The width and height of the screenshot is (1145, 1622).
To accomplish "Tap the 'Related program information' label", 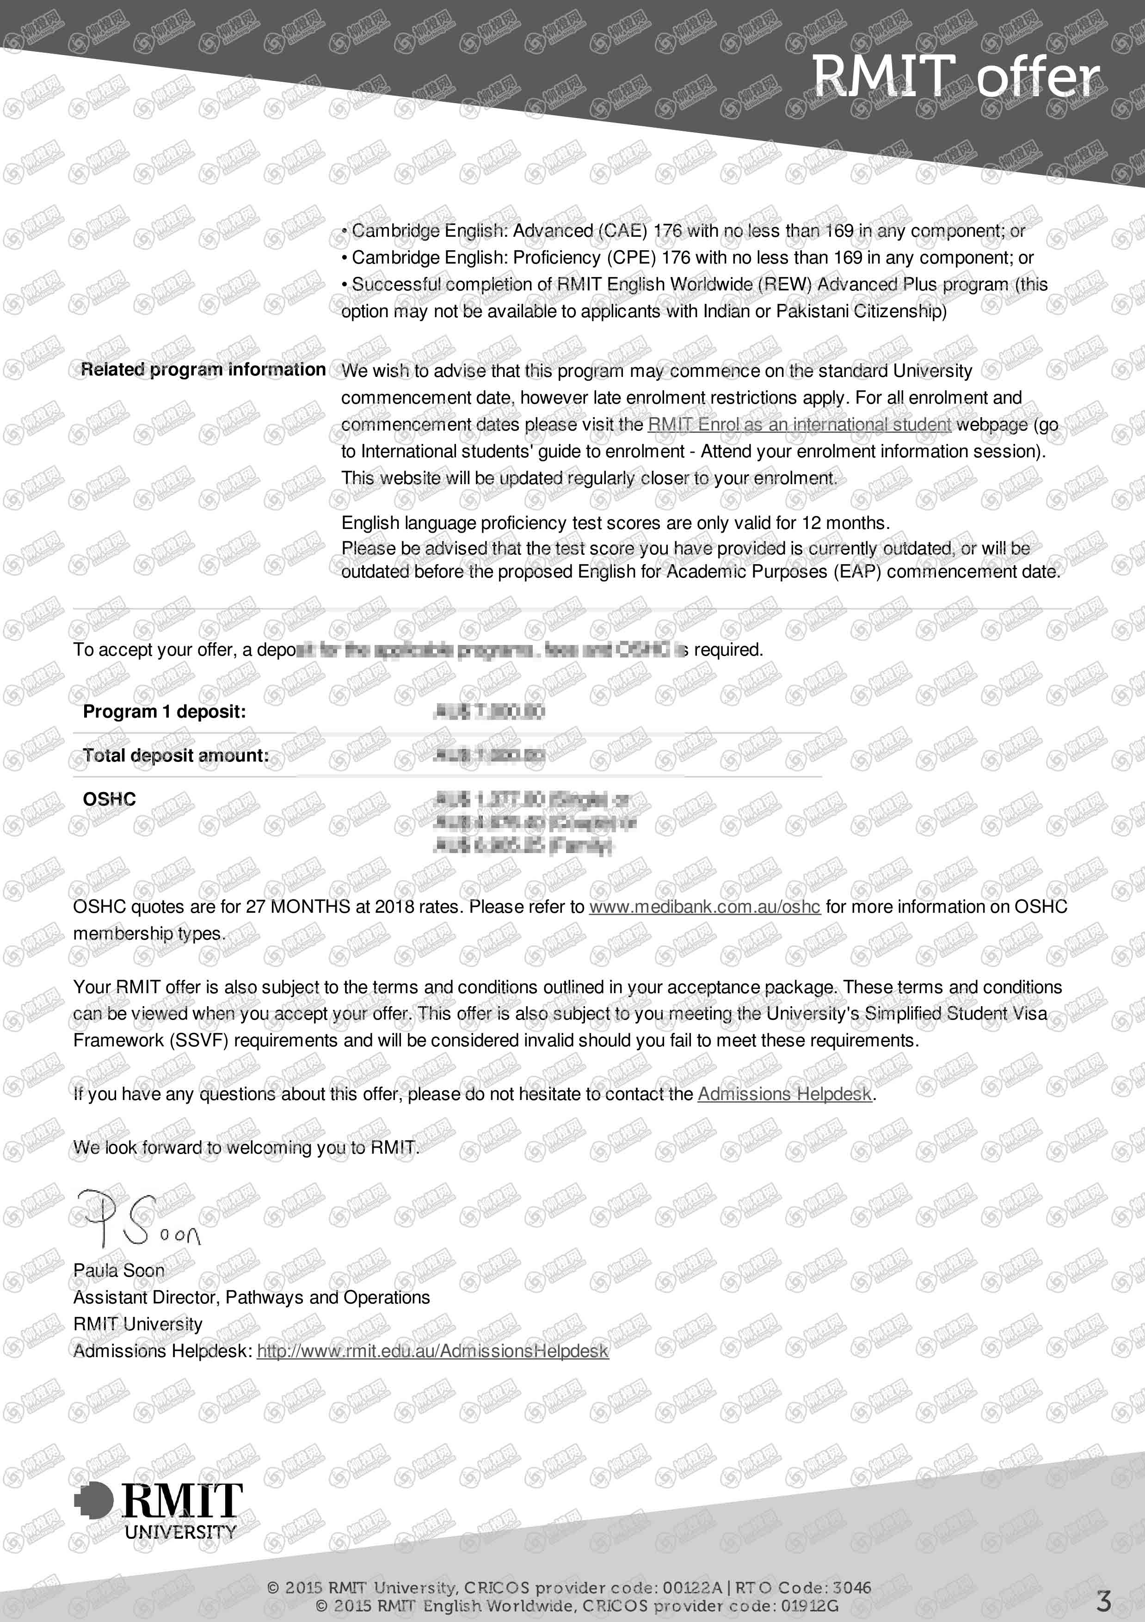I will pyautogui.click(x=203, y=369).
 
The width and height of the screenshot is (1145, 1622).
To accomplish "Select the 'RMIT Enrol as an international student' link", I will pyautogui.click(x=799, y=424).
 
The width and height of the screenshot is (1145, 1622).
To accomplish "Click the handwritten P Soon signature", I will pyautogui.click(x=138, y=1219).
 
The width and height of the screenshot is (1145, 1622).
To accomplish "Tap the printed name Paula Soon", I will pyautogui.click(x=119, y=1270).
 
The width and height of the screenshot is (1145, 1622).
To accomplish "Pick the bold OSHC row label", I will pyautogui.click(x=110, y=799).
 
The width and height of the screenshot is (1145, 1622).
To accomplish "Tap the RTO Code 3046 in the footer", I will pyautogui.click(x=851, y=1587).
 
